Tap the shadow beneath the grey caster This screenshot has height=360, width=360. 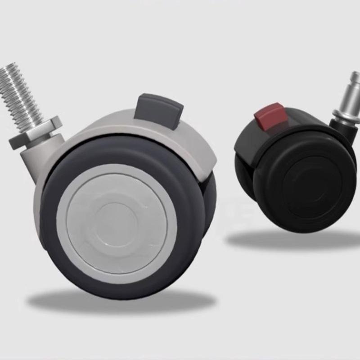pyautogui.click(x=121, y=301)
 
